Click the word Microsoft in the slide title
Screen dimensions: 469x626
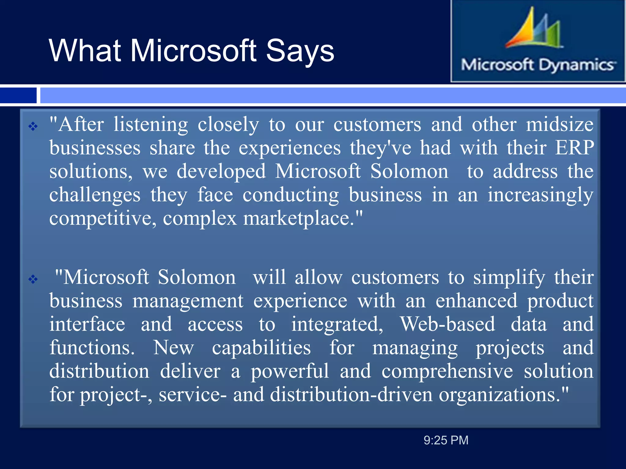coord(193,51)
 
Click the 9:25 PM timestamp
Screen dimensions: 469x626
coord(446,440)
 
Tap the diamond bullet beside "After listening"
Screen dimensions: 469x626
coord(33,126)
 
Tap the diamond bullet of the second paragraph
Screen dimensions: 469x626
coord(33,279)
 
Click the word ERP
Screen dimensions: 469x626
coord(574,148)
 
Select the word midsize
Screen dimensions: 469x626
coord(559,125)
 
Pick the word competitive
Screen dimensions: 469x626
coord(103,218)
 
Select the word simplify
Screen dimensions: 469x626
coord(509,278)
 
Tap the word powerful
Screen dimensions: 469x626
coord(289,371)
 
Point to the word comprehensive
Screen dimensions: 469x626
coord(447,371)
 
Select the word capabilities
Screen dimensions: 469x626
coord(261,347)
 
